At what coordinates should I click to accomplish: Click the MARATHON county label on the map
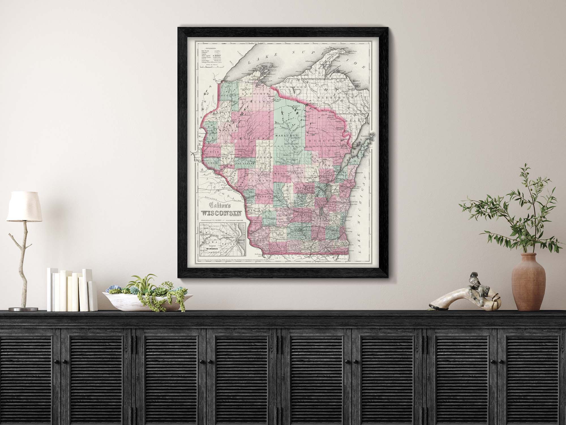point(287,136)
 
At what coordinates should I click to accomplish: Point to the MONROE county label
point(263,196)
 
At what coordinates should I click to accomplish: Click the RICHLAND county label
point(269,218)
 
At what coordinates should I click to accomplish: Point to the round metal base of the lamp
point(23,309)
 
